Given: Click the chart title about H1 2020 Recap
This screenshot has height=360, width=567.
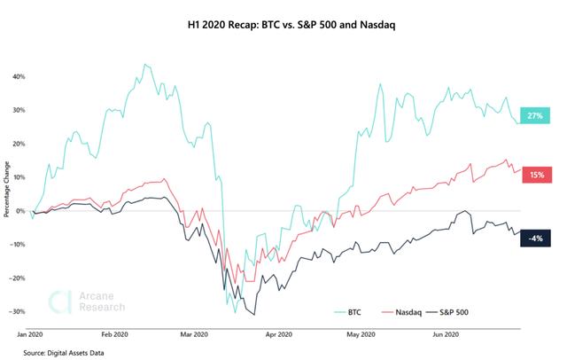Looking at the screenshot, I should [x=283, y=25].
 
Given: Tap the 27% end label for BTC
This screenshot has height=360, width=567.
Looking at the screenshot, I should [x=534, y=116].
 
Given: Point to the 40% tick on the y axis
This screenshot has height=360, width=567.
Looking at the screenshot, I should [x=17, y=76].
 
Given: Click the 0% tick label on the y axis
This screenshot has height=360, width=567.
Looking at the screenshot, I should [x=19, y=211].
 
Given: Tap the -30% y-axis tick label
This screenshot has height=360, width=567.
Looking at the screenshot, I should [x=15, y=312].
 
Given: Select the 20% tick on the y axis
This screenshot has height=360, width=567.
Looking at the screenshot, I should [x=17, y=144].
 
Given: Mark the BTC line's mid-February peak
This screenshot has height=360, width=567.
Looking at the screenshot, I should [x=144, y=65].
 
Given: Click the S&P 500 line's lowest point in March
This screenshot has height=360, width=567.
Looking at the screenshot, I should [x=255, y=314].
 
